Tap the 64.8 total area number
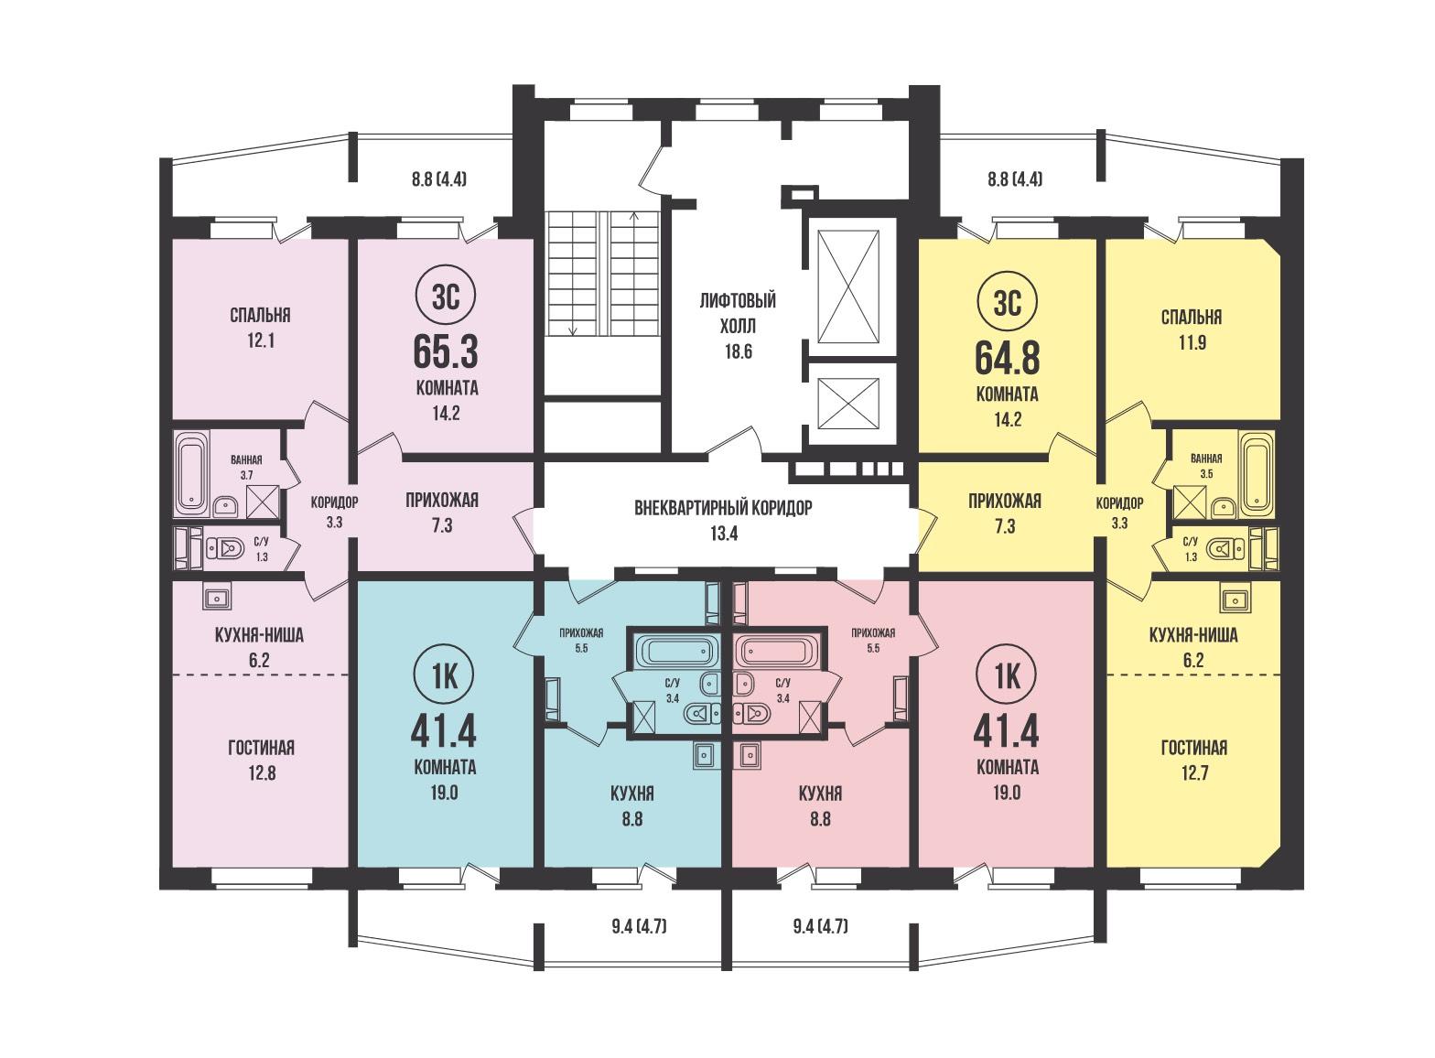1007,357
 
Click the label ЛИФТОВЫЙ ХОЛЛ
738,313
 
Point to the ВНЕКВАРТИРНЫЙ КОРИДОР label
723,508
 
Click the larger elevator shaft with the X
849,286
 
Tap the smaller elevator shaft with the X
848,403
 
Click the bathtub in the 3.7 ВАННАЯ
191,473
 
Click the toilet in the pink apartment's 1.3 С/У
224,548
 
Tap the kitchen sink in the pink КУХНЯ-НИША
217,597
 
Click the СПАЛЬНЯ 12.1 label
260,328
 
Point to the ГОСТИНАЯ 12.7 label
1195,760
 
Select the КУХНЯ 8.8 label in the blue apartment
632,806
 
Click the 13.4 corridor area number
724,534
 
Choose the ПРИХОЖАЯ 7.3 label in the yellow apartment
1005,513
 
